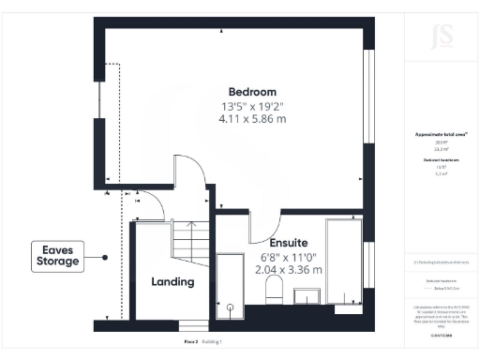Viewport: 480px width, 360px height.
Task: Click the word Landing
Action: pyautogui.click(x=172, y=281)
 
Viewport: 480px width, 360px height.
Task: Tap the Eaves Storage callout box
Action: pyautogui.click(x=57, y=256)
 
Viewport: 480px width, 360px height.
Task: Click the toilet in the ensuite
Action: pyautogui.click(x=274, y=289)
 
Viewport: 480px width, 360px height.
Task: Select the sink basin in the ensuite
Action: pyautogui.click(x=307, y=296)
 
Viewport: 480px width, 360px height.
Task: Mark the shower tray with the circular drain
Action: pyautogui.click(x=230, y=280)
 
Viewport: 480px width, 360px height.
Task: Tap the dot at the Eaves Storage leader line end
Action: pyautogui.click(x=106, y=256)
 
